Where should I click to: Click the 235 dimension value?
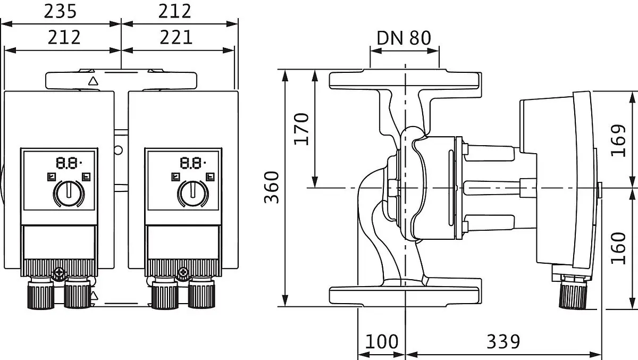(x=61, y=12)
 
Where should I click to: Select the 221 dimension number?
(x=176, y=38)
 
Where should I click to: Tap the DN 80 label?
(x=404, y=38)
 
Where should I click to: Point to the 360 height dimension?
(x=272, y=187)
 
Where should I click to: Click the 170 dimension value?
(x=301, y=129)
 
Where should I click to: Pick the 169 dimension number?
(x=618, y=140)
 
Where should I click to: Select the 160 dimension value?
(x=618, y=249)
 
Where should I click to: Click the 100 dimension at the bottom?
(x=381, y=342)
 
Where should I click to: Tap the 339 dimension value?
(x=503, y=342)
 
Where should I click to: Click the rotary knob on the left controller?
(x=69, y=193)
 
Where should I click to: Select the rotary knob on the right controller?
(x=193, y=193)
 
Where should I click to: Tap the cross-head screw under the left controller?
(x=59, y=273)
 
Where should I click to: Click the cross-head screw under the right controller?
(x=183, y=273)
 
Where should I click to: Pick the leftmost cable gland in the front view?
(x=41, y=294)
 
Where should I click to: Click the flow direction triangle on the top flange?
(x=93, y=81)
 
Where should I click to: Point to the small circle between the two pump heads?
(x=118, y=150)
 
